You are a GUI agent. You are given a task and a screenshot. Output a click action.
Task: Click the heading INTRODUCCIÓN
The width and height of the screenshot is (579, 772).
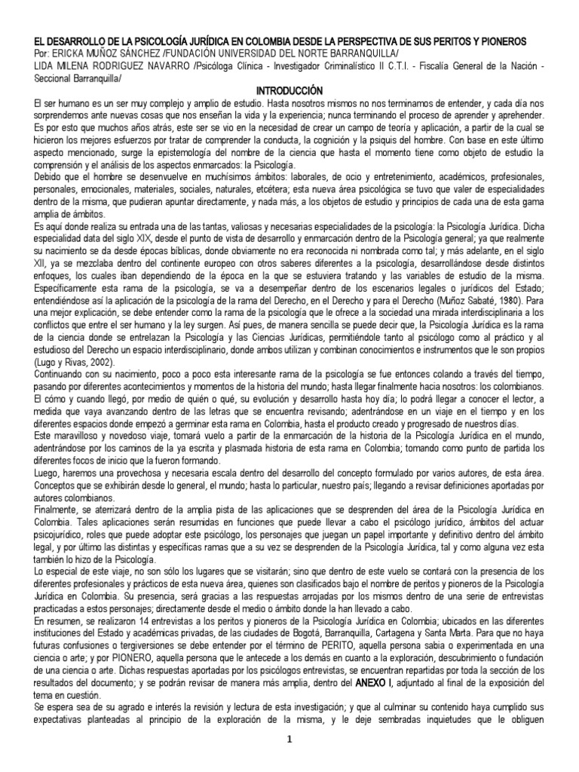tap(289, 90)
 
